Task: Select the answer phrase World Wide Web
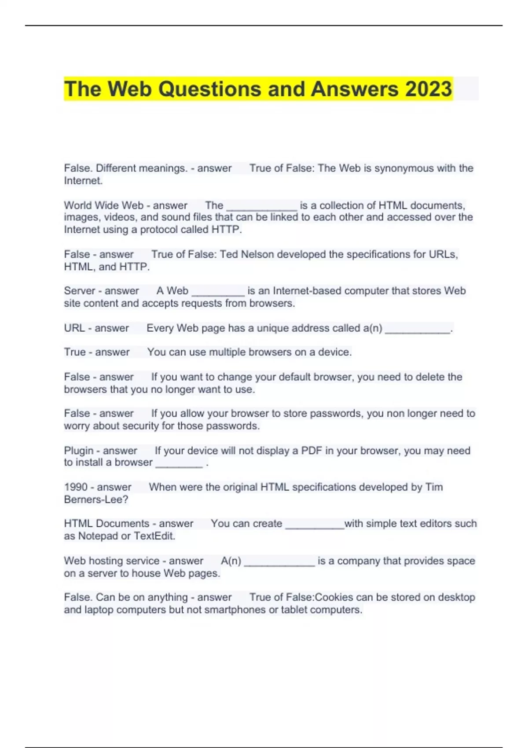(104, 205)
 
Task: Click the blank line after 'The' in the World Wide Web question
(261, 207)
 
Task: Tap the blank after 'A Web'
(218, 292)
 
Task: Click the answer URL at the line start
(74, 328)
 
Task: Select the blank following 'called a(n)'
(418, 330)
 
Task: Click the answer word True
(75, 352)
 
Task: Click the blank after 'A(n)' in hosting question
(279, 562)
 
